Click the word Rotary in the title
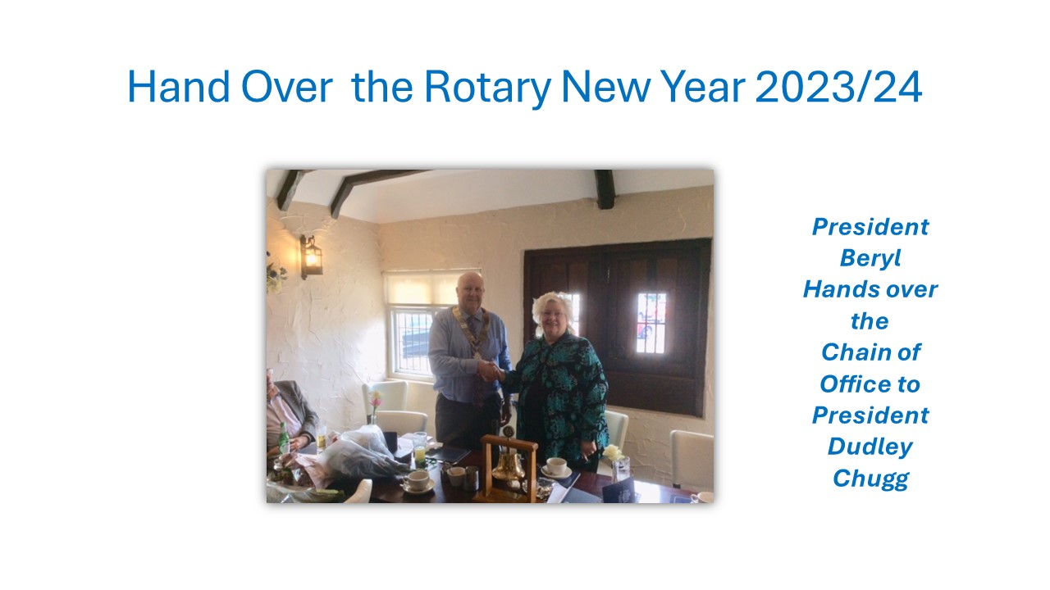tap(487, 88)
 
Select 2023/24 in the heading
tap(839, 87)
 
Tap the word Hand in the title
tap(179, 87)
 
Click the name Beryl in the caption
tap(870, 258)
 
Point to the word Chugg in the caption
tap(870, 479)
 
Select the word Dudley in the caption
tap(870, 447)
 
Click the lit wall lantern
tap(311, 256)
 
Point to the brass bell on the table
tap(508, 467)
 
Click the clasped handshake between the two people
tap(491, 371)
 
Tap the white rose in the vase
tap(613, 453)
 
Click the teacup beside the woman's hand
tap(556, 467)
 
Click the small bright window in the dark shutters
tap(651, 323)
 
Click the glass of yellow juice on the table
tap(419, 450)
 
